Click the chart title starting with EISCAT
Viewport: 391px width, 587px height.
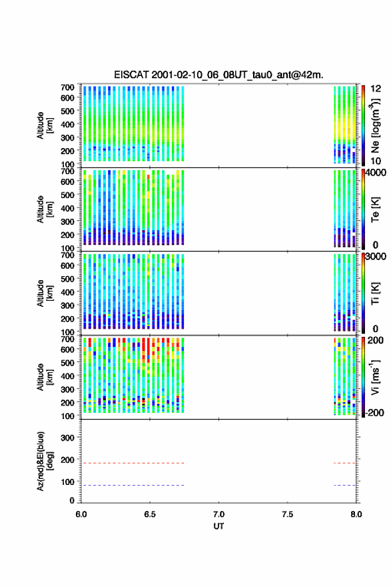point(218,75)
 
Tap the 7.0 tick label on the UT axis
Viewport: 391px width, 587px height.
point(218,514)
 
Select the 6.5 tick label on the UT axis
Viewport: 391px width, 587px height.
point(150,514)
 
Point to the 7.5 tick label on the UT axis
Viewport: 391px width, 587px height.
point(288,514)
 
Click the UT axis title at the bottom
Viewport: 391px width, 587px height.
point(218,526)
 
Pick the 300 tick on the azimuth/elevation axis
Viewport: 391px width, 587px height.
point(67,438)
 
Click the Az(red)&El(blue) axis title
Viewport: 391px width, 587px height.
point(45,461)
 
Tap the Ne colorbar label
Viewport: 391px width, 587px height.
point(376,126)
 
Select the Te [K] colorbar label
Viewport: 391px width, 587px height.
point(375,209)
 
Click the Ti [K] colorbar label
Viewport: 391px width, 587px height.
point(375,293)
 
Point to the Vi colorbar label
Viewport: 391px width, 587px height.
point(375,378)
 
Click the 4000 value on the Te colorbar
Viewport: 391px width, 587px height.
point(376,173)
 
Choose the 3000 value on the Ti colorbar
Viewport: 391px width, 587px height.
point(376,256)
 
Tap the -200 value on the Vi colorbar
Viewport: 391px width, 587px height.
point(374,412)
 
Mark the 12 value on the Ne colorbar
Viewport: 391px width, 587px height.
point(376,89)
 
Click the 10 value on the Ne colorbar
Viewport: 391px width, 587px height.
point(376,161)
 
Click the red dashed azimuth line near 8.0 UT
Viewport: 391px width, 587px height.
point(344,463)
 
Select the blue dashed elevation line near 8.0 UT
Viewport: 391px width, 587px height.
point(344,485)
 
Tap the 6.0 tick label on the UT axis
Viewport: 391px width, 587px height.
point(81,514)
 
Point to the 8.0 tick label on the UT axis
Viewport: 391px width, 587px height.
point(356,514)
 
